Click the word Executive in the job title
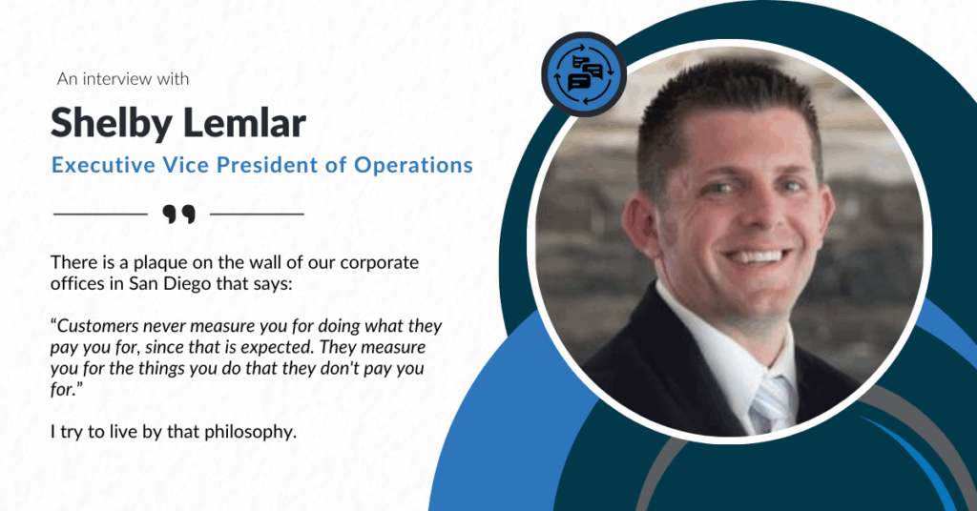[104, 165]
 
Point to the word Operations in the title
[414, 165]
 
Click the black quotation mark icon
[178, 214]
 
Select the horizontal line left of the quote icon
[100, 215]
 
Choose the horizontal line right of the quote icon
[257, 215]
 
